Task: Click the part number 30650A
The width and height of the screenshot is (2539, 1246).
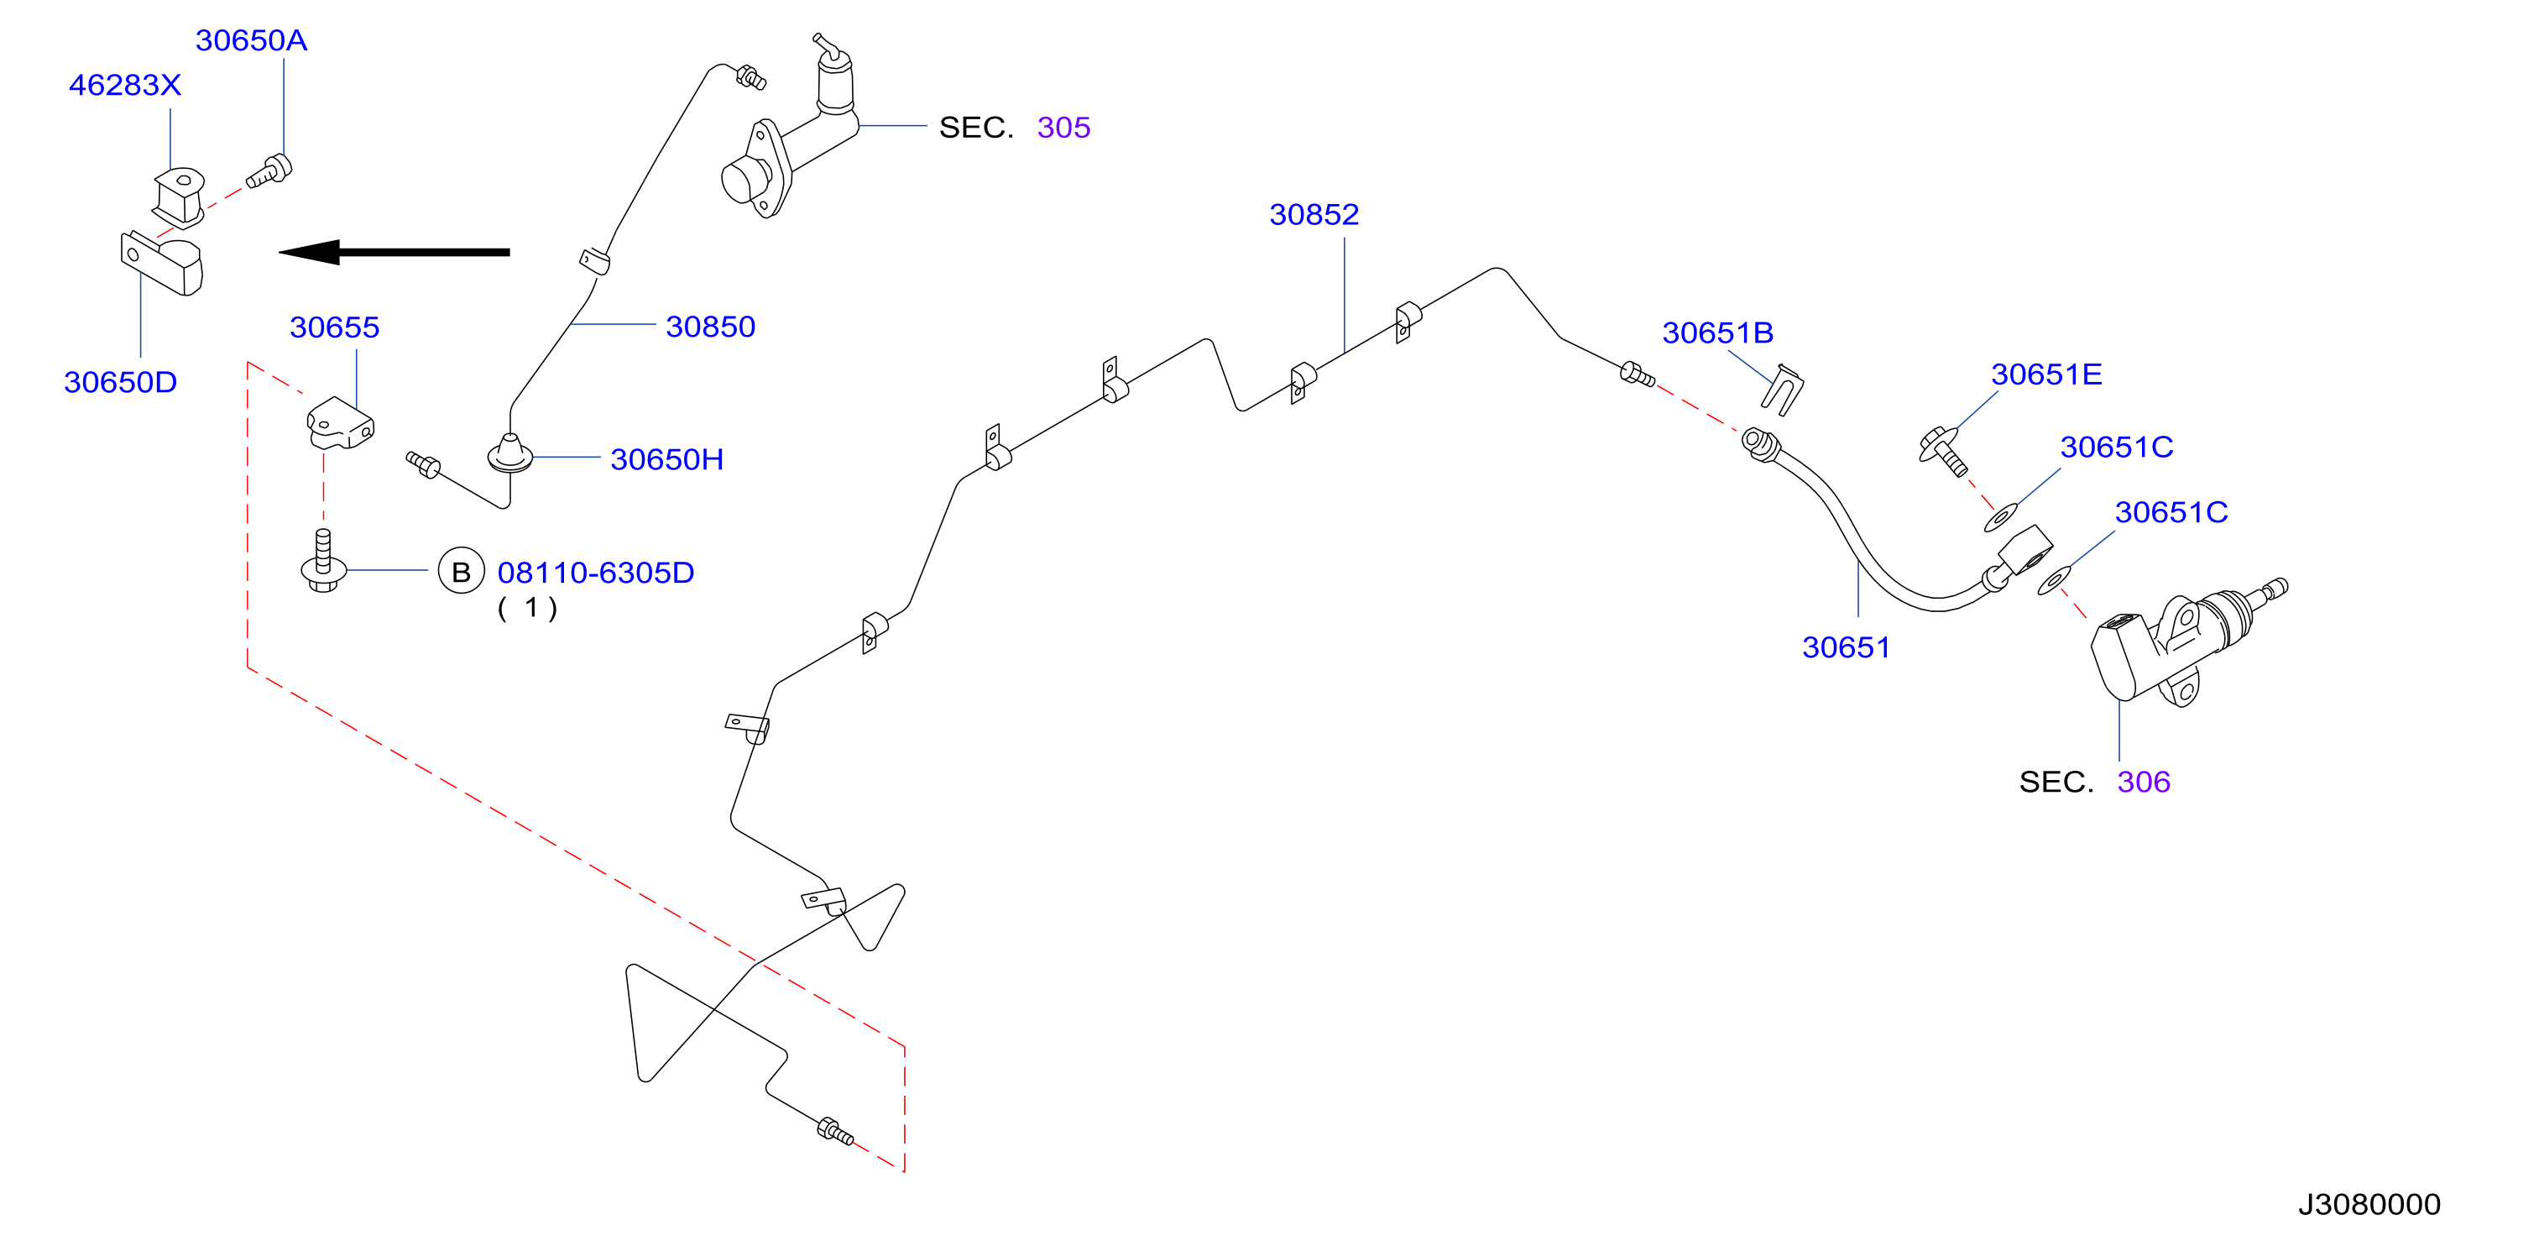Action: tap(251, 40)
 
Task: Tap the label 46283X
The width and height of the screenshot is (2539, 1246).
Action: tap(125, 85)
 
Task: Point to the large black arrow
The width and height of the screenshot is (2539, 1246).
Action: tap(394, 253)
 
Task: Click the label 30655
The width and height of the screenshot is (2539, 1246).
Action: tap(334, 327)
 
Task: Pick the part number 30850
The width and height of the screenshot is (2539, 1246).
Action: tap(711, 327)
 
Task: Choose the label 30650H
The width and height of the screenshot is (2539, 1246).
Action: tap(667, 459)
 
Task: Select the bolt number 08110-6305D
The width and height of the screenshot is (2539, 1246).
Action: tap(596, 573)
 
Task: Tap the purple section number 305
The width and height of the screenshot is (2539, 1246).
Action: tap(1063, 127)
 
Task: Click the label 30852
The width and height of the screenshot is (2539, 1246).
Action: tap(1314, 214)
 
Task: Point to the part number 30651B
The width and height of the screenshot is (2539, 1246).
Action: tap(1718, 332)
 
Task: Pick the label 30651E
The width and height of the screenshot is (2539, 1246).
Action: tap(2046, 374)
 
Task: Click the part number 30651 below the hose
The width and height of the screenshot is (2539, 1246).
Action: tap(1846, 647)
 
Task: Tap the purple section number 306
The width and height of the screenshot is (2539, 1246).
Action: tap(2144, 782)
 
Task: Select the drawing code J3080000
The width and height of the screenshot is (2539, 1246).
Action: tap(2369, 1204)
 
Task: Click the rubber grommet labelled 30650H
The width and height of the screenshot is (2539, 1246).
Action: tap(510, 453)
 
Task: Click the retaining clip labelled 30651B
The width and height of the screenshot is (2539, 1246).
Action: tap(1782, 390)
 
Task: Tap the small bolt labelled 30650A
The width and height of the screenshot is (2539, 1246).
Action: tap(269, 171)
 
